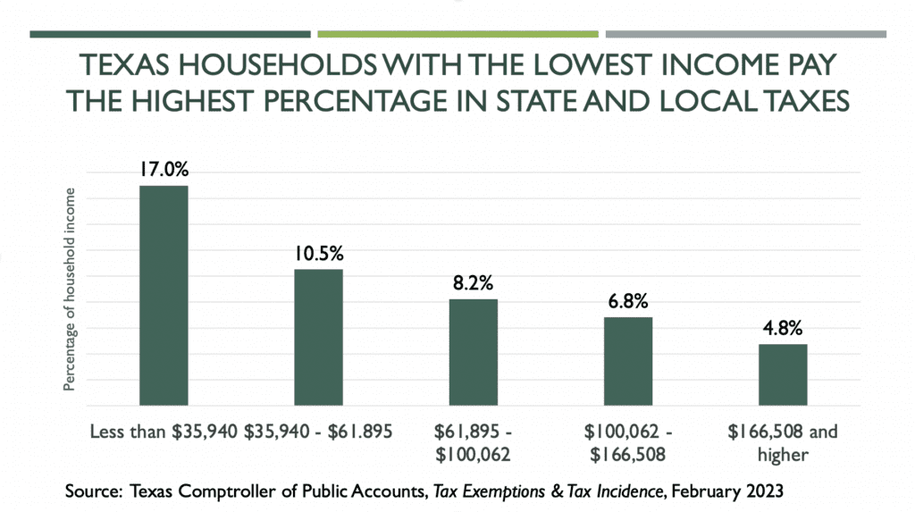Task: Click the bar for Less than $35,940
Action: [164, 295]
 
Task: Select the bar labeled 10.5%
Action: [319, 337]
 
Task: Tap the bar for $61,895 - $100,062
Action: [474, 352]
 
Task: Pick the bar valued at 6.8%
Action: [628, 361]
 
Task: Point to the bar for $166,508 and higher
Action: [783, 374]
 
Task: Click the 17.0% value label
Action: [163, 170]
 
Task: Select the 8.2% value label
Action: [474, 284]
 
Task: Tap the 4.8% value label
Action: [783, 329]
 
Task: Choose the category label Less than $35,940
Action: [164, 433]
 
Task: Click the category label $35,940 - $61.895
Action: [319, 433]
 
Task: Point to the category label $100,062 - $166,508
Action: [628, 444]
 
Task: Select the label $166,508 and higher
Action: [783, 444]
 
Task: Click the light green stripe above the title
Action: [457, 35]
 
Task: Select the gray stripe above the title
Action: [746, 35]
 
